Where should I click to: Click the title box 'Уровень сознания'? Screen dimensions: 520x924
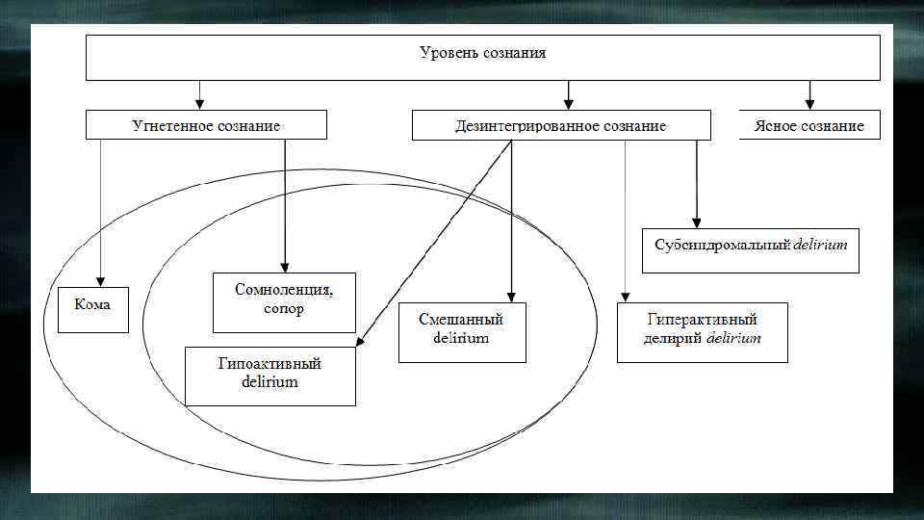pyautogui.click(x=482, y=58)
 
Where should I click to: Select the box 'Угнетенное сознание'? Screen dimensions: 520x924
pyautogui.click(x=206, y=125)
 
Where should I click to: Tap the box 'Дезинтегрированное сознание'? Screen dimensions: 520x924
pyautogui.click(x=560, y=125)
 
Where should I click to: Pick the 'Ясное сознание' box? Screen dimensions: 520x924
pyautogui.click(x=808, y=125)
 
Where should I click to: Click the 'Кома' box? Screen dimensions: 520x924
pyautogui.click(x=93, y=309)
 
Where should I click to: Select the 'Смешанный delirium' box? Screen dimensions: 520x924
pyautogui.click(x=462, y=332)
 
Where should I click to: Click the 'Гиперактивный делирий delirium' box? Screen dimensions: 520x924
pyautogui.click(x=702, y=332)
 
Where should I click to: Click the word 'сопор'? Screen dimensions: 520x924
pyautogui.click(x=284, y=310)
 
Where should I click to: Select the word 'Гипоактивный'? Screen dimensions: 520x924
pyautogui.click(x=269, y=364)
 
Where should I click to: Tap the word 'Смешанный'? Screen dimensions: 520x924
pyautogui.click(x=461, y=319)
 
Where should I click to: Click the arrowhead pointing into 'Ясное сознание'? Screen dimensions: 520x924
pyautogui.click(x=809, y=103)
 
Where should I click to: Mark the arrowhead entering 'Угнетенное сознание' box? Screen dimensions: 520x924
pyautogui.click(x=199, y=103)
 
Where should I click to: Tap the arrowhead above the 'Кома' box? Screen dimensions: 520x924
pyautogui.click(x=100, y=280)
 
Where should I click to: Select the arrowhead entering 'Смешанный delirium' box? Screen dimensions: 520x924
pyautogui.click(x=511, y=297)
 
